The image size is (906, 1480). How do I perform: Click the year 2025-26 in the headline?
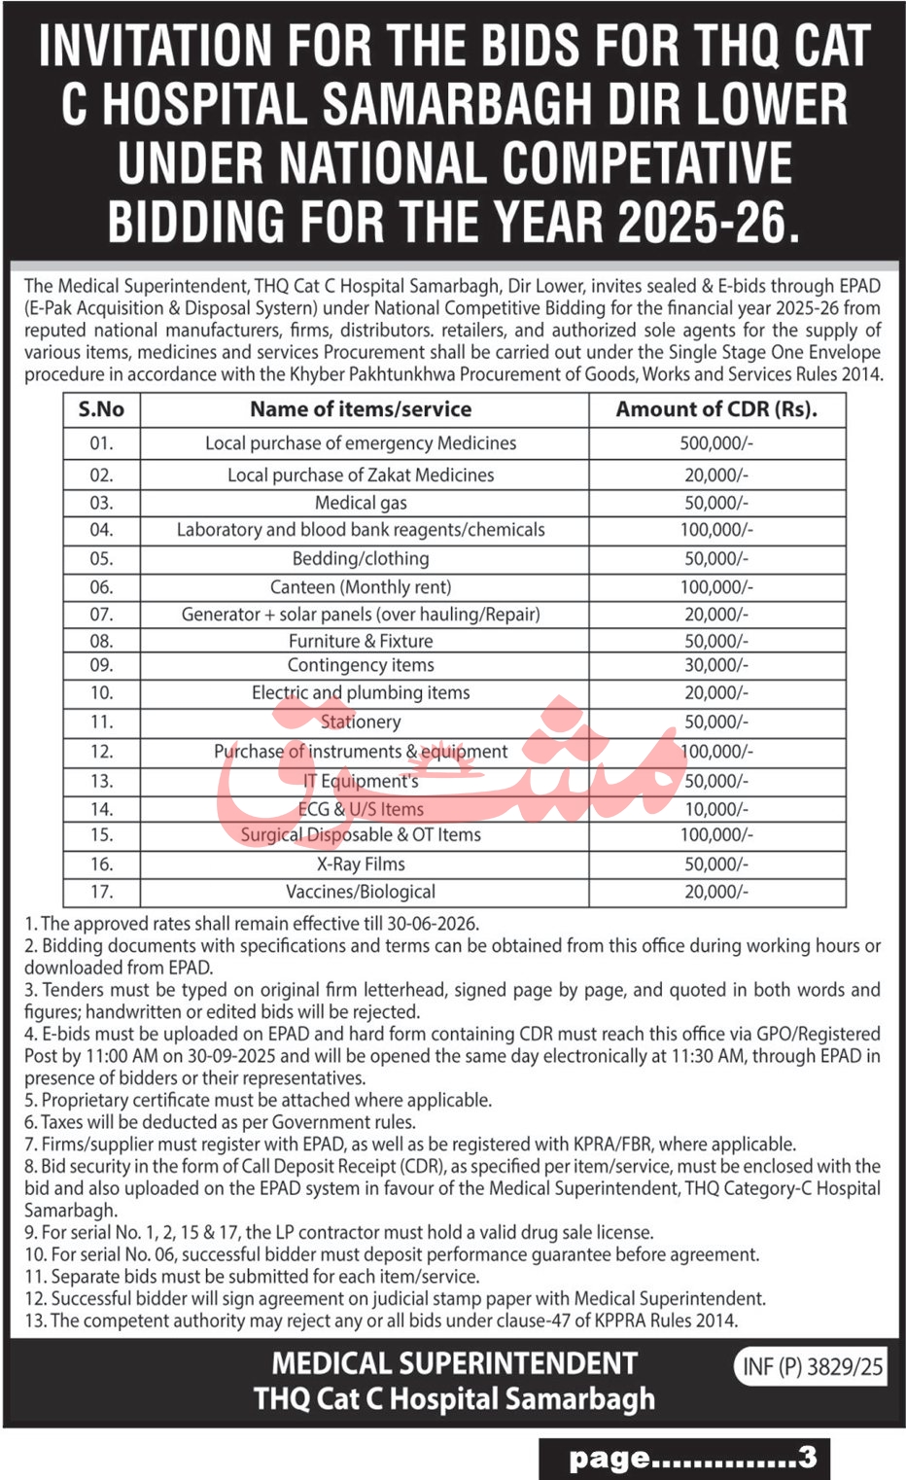pos(707,223)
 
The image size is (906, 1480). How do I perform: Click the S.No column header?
pos(101,409)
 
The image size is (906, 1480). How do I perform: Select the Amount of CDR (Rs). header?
pos(716,409)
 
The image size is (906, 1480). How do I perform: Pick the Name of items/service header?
pos(361,409)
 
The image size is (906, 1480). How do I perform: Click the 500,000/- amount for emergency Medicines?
pos(715,443)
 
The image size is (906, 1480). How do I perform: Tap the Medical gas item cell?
pos(361,503)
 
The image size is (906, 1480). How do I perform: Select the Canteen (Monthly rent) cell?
pos(361,587)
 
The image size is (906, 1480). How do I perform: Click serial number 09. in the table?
pos(101,665)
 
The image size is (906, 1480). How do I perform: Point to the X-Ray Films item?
pos(361,863)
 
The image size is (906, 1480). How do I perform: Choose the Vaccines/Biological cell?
pos(361,892)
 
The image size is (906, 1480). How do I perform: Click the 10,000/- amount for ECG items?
pos(715,809)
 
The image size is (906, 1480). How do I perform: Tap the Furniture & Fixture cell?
pos(361,641)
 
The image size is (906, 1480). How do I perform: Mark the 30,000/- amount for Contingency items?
pos(715,665)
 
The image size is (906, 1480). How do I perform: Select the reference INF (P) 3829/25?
pos(813,1366)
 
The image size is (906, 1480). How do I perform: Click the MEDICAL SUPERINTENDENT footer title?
pos(454,1363)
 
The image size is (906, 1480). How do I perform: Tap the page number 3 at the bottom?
pos(807,1457)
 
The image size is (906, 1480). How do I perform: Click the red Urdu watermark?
pos(447,758)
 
